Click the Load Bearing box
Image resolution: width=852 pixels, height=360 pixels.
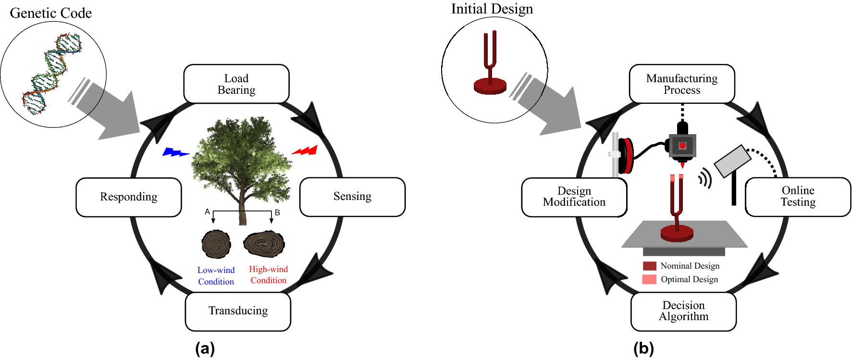coord(236,84)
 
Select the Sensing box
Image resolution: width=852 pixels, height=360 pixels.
coord(352,197)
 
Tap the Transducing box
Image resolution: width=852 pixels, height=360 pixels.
coord(238,311)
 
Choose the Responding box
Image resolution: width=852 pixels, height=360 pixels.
coord(129,197)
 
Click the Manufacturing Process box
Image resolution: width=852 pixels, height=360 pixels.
coord(682,84)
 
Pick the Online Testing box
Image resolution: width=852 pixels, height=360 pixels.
coord(798,197)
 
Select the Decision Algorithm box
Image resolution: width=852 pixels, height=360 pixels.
coord(683,311)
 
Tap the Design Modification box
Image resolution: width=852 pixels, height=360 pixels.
coord(574,197)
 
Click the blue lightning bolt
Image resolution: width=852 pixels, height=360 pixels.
coord(175,152)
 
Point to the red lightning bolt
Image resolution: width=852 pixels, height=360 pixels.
coord(306,151)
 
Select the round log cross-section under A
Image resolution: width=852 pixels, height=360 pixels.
coord(216,244)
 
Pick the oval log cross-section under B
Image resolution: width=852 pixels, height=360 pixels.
coord(264,244)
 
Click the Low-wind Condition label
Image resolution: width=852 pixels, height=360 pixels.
coord(216,276)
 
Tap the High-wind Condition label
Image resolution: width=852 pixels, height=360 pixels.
coord(268,275)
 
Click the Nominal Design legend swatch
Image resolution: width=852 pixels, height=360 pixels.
coord(649,266)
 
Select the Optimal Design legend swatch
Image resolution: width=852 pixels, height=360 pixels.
coord(649,279)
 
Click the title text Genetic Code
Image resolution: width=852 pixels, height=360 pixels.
coord(51,13)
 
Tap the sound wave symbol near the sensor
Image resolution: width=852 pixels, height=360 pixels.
coord(705,178)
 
